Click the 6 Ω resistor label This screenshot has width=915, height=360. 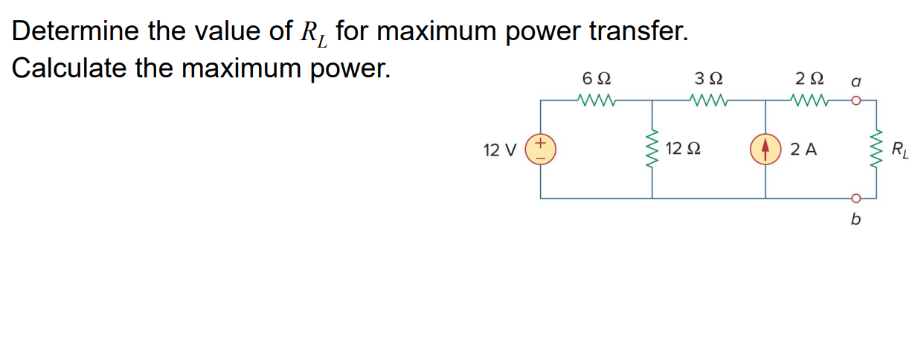(595, 77)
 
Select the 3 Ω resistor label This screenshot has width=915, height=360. (707, 77)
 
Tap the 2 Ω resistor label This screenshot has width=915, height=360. (809, 77)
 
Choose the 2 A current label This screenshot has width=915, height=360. (804, 150)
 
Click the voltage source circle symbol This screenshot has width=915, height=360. (541, 149)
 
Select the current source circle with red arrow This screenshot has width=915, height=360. (765, 150)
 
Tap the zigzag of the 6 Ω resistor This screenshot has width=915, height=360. (595, 100)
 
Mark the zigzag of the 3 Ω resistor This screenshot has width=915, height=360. (708, 100)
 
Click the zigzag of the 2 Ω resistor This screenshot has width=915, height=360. (810, 100)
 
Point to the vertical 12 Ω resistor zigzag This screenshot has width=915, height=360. (653, 149)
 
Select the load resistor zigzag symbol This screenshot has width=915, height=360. (876, 149)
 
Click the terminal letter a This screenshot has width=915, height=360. (855, 78)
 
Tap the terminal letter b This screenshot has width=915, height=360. (855, 220)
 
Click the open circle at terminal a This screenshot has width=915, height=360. (855, 100)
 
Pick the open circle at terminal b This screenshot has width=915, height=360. (855, 199)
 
